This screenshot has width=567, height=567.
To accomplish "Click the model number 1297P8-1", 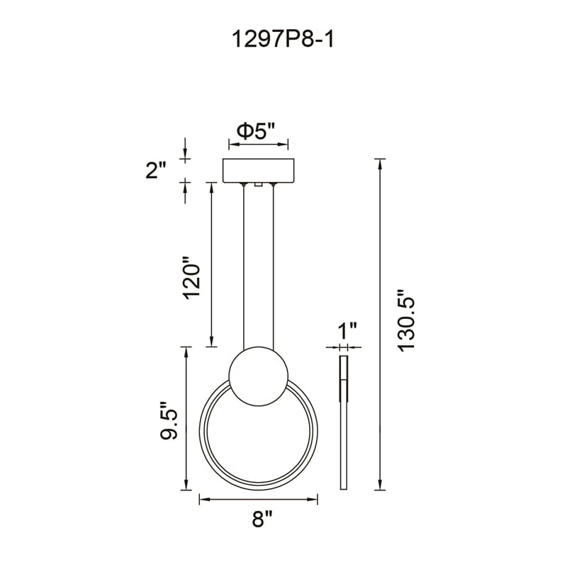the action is pyautogui.click(x=282, y=39).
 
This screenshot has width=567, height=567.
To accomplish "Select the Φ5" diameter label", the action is pyautogui.click(x=257, y=131).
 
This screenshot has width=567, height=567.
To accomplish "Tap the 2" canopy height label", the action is pyautogui.click(x=156, y=170).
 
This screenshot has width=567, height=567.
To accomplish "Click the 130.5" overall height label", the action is pyautogui.click(x=405, y=320).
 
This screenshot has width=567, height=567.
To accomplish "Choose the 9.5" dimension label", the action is pyautogui.click(x=169, y=420).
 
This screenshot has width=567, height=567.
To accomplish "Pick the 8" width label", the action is pyautogui.click(x=262, y=519).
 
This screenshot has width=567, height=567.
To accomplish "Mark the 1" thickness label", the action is pyautogui.click(x=347, y=331).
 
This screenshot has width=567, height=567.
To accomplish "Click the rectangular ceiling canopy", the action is pyautogui.click(x=259, y=170).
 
